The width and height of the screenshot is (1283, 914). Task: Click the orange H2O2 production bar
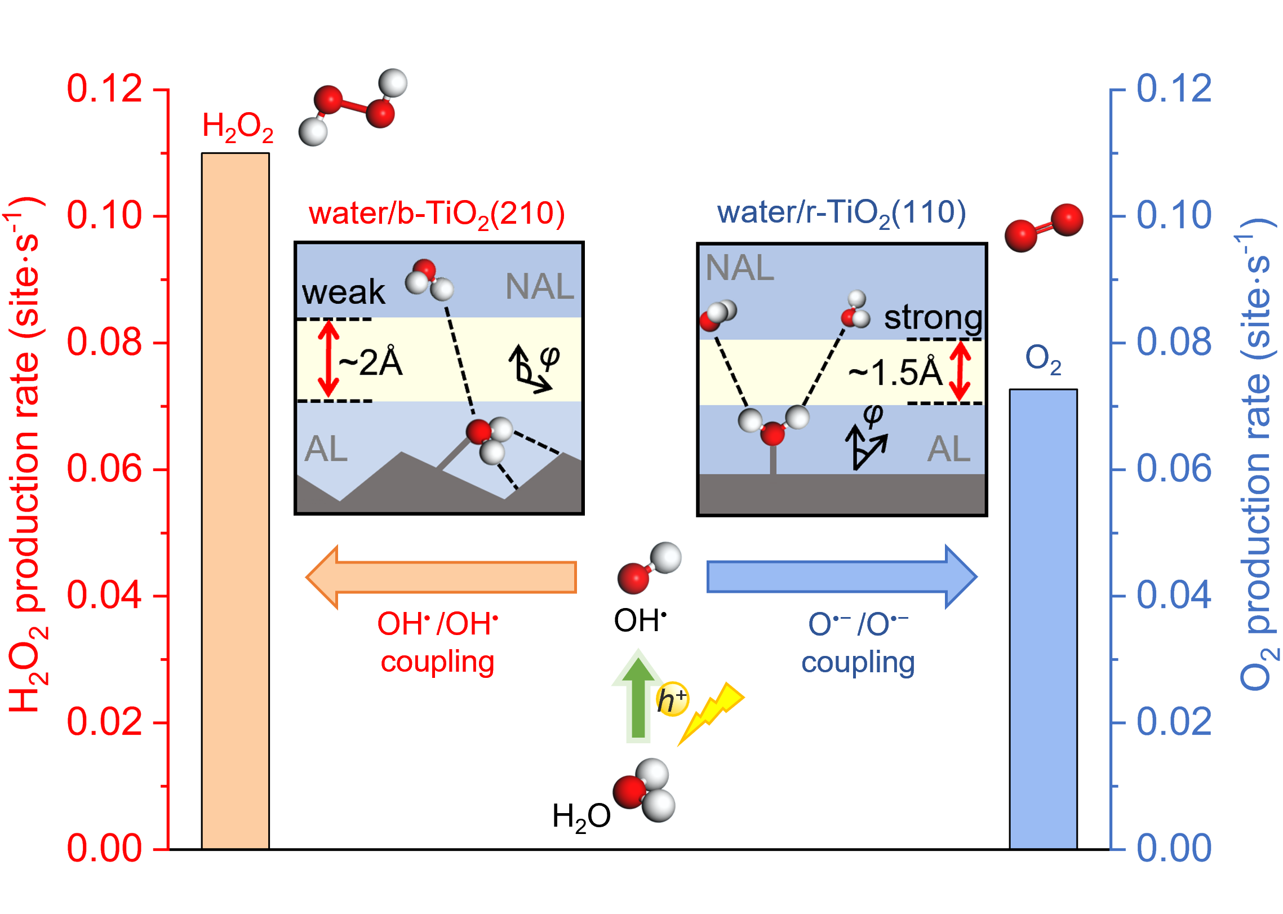coord(236,502)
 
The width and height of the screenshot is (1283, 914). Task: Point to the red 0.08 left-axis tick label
coord(104,342)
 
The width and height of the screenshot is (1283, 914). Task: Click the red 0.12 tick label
coord(104,89)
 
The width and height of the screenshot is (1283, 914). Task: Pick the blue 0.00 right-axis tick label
coord(1174,848)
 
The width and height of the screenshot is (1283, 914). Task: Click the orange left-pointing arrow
coord(441,577)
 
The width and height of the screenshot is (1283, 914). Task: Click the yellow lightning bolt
coord(711,712)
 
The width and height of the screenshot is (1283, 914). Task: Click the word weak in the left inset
coord(343,292)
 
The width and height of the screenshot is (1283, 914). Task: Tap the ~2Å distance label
coord(371,362)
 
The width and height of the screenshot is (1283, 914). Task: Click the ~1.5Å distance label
coord(895,372)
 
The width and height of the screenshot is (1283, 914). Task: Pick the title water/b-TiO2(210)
coord(437,214)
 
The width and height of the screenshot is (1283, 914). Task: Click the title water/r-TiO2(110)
coord(841,213)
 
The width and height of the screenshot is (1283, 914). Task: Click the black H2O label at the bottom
coord(581,817)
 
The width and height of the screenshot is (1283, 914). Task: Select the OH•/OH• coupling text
coord(438,642)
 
